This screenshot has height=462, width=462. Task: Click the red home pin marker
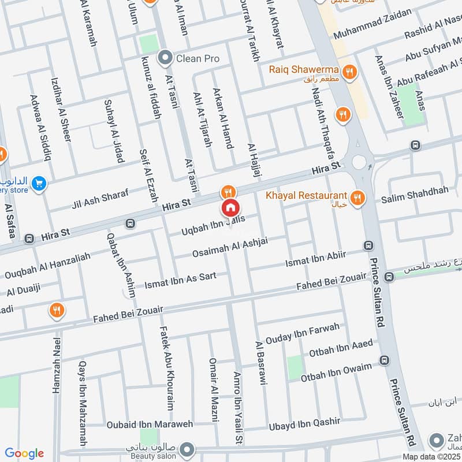[230, 208]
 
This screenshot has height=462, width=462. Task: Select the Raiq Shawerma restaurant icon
[349, 72]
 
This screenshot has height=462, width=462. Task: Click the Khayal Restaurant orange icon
[358, 198]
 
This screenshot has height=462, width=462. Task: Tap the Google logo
[24, 453]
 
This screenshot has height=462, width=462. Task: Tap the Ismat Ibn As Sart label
[180, 280]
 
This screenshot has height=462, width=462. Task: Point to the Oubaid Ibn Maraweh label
[150, 424]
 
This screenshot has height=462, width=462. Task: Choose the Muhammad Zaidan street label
[379, 21]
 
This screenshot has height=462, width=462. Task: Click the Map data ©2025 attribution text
[430, 456]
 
